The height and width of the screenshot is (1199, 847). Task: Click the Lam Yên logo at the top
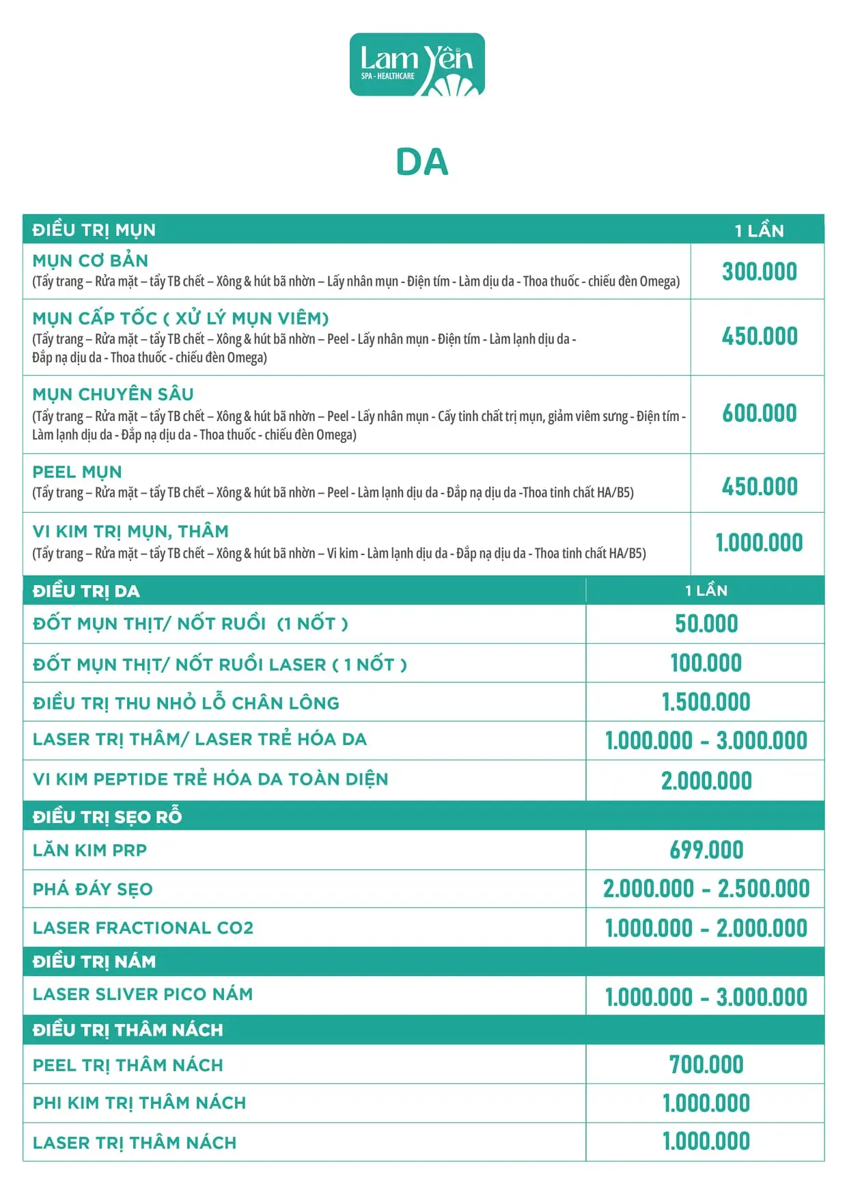(x=417, y=65)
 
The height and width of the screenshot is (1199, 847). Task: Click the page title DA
(x=422, y=163)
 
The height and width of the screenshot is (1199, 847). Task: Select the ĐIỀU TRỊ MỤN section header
(x=94, y=230)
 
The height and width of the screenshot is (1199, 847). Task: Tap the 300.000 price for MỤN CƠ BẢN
(x=760, y=271)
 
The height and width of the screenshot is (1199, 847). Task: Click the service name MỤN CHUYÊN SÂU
(x=113, y=394)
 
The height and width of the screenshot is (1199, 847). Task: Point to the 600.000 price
(x=760, y=414)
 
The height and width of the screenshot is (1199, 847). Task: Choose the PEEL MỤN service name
(x=77, y=472)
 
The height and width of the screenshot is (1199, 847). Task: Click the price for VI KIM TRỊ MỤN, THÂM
(x=759, y=543)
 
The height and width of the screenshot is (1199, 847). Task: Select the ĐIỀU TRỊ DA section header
(x=86, y=591)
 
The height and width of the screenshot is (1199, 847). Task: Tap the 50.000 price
(x=706, y=623)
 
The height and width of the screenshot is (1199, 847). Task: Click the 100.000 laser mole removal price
(x=706, y=663)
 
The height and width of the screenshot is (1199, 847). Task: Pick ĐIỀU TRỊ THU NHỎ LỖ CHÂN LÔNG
(x=186, y=703)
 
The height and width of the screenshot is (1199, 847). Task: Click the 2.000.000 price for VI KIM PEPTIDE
(x=706, y=781)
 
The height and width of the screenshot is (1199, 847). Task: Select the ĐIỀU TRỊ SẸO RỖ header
(x=107, y=817)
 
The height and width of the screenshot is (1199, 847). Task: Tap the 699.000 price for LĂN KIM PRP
(x=706, y=850)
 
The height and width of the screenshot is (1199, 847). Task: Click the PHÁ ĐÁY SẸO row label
(x=93, y=889)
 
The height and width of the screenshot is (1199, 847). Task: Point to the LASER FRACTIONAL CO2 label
(x=143, y=928)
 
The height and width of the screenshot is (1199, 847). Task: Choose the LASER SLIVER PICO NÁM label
(x=143, y=995)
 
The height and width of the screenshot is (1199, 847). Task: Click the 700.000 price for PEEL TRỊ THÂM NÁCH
(x=706, y=1065)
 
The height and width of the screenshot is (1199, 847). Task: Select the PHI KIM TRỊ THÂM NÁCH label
(x=139, y=1103)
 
